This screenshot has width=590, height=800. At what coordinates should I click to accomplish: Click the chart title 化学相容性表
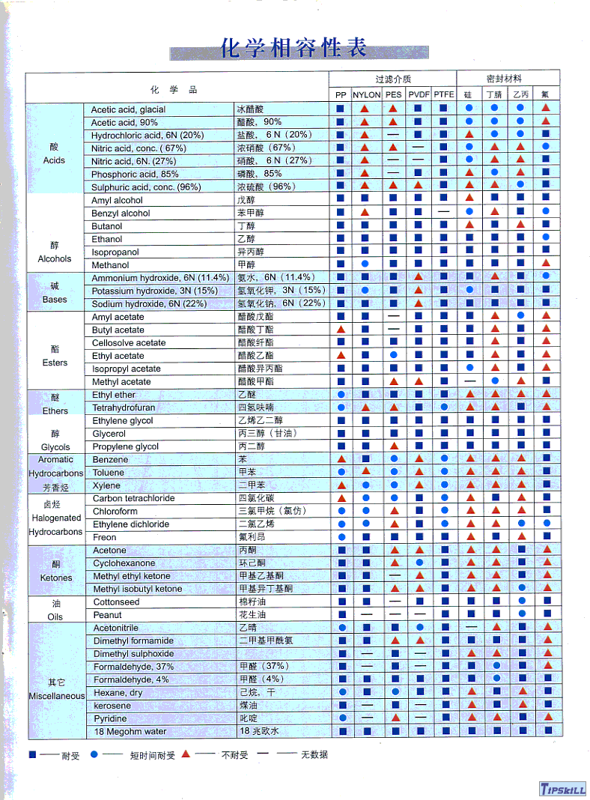294,49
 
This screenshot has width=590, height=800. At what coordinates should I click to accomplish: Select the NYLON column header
366,95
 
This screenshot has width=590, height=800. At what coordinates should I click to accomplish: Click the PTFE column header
444,95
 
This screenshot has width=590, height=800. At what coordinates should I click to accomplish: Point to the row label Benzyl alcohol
121,213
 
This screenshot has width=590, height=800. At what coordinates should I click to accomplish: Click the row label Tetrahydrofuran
124,407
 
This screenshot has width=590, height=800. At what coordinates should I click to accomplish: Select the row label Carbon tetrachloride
133,498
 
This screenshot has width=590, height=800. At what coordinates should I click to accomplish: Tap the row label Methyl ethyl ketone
132,576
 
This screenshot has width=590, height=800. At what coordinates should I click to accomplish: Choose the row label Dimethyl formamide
133,641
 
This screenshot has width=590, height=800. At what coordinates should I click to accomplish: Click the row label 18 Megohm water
130,732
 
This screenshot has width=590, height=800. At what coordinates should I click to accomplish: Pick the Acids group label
54,160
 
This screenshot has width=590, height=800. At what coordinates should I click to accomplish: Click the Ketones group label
56,578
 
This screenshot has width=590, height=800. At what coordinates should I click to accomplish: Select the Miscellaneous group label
57,696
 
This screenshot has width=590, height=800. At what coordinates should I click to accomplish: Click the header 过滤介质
393,79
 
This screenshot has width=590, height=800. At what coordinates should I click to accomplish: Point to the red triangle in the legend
186,754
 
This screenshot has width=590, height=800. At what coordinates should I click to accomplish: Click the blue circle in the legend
94,754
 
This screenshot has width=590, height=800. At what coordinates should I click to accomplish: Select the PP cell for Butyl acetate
341,330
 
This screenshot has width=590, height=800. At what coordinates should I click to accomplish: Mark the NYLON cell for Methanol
366,264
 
